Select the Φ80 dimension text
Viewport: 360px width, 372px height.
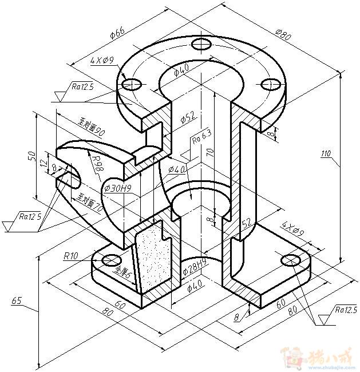[x=283, y=35]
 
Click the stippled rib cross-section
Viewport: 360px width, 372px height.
[x=153, y=257]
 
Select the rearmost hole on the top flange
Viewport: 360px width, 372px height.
[x=201, y=43]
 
